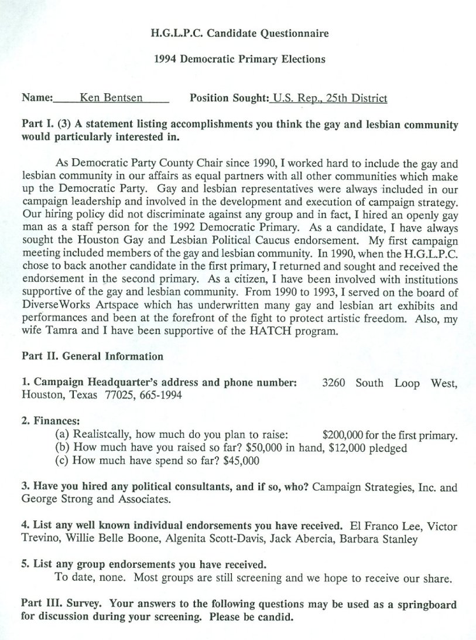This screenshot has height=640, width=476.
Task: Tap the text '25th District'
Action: tap(357, 98)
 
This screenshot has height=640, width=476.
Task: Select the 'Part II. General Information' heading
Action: tap(93, 356)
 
